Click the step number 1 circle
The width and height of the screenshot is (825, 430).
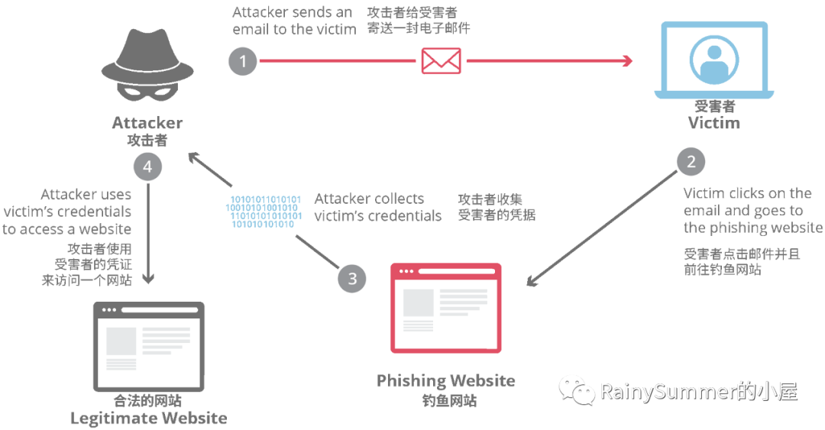243,61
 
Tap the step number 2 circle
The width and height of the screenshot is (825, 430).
691,162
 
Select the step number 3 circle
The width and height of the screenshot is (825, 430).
351,278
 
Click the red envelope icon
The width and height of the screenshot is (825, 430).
441,61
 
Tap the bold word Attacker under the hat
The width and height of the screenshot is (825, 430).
147,123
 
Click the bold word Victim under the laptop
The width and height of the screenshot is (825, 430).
713,123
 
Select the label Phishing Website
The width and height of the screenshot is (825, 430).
446,380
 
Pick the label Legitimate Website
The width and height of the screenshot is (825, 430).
148,418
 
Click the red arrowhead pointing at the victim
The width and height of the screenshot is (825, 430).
629,61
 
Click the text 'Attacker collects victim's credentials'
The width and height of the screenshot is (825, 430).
378,207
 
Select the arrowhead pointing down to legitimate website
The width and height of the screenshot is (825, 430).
147,280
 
